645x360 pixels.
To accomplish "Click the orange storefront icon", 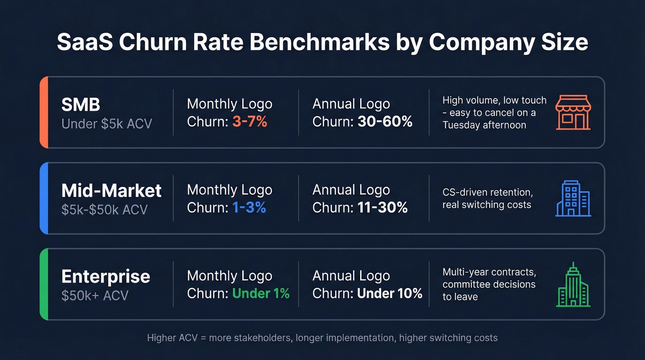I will pos(573,112).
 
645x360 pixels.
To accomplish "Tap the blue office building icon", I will pos(573,199).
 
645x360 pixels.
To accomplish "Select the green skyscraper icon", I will pos(573,284).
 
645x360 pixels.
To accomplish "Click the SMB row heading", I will pos(81,105).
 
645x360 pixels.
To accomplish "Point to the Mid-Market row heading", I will pos(111,190).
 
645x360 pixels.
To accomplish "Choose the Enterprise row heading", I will pos(106,277).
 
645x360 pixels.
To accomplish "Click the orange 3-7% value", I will pos(250,122).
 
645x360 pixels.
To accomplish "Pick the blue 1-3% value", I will pos(249,208).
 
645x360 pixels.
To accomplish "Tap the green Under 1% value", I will pos(261,294).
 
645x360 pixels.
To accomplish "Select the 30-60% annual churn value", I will pos(385,122).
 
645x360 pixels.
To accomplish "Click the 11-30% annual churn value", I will pos(382,208).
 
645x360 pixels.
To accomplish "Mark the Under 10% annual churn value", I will pos(390,294).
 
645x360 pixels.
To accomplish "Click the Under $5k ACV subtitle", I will pos(106,124).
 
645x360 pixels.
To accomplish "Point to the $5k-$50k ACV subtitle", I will pos(104,210).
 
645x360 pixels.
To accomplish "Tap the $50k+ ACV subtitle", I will pos(94,295).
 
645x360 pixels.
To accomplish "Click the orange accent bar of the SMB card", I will pos(44,112).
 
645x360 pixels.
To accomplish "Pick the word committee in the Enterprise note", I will pos(465,284).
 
